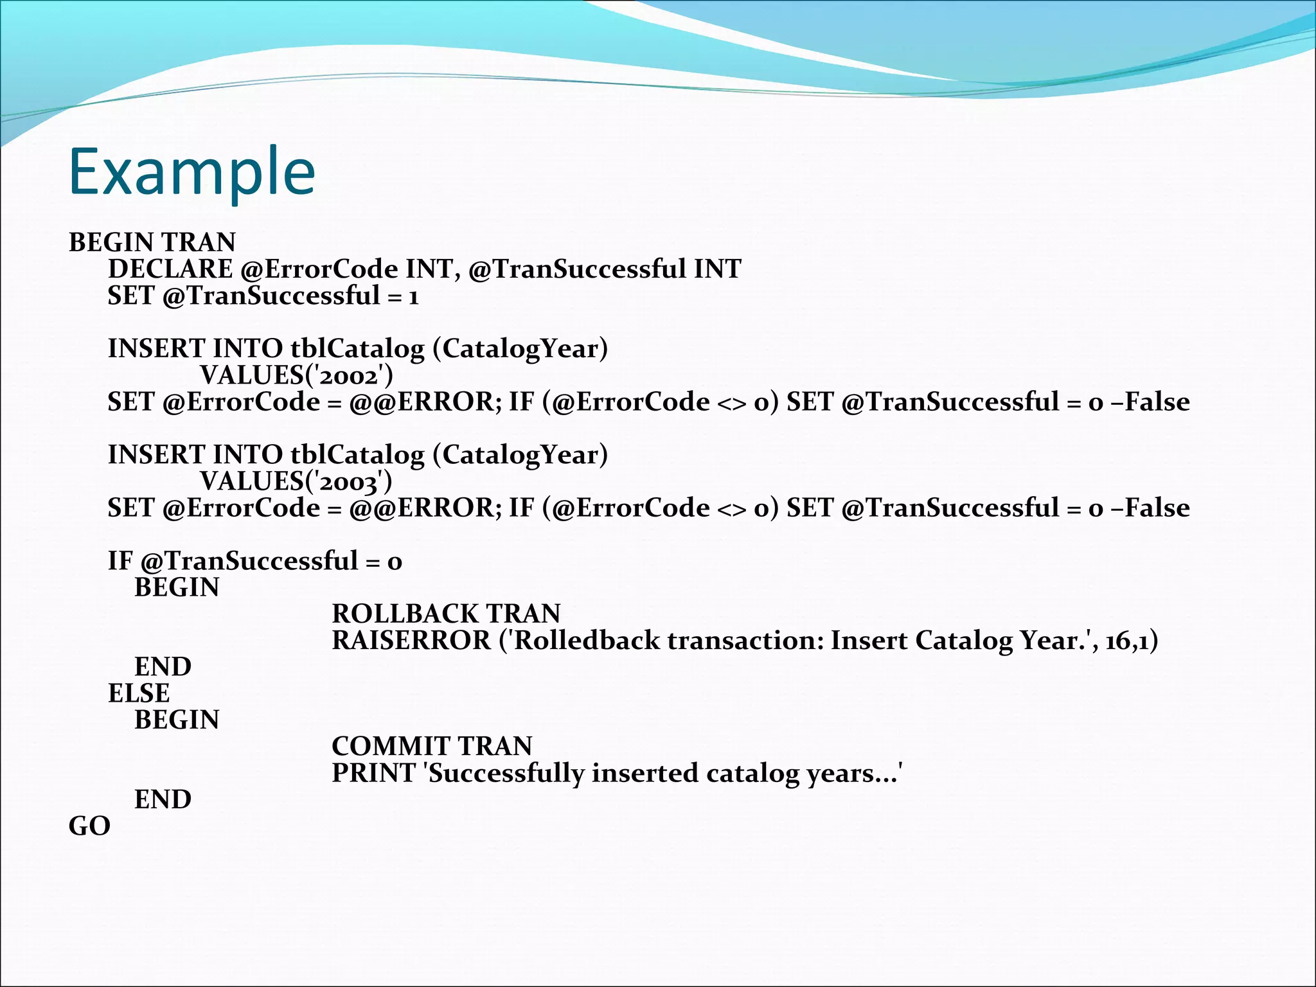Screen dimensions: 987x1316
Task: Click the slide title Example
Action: (x=191, y=172)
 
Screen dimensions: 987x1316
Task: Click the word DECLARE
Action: (x=170, y=269)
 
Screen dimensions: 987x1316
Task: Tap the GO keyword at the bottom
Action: (x=89, y=826)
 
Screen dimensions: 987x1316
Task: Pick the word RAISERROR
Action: (x=411, y=641)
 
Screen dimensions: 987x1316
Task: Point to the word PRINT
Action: (x=373, y=773)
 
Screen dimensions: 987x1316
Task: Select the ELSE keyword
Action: (x=139, y=694)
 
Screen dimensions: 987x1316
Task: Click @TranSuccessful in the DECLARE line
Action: (x=577, y=269)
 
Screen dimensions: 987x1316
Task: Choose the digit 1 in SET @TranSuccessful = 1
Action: (x=413, y=297)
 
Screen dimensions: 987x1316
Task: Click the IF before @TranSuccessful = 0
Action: (x=120, y=561)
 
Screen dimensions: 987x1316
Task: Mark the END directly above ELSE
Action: (x=163, y=667)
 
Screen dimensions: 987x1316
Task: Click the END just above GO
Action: (x=163, y=799)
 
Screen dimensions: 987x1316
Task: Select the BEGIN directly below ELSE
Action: (x=177, y=720)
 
